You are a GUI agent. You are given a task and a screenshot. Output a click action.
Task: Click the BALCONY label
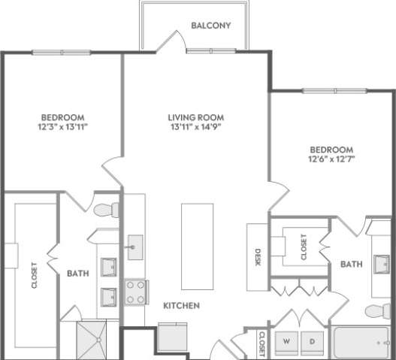210,26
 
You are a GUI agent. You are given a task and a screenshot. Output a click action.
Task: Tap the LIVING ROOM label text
196,117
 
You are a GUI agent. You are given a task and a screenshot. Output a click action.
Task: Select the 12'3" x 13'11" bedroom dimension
62,128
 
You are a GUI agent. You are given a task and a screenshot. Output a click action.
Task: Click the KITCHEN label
182,306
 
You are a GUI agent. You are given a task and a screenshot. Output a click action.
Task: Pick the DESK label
257,256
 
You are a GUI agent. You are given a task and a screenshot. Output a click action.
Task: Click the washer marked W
286,342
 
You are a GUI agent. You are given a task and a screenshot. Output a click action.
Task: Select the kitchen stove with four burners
136,292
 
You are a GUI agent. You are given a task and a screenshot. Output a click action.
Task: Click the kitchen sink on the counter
136,247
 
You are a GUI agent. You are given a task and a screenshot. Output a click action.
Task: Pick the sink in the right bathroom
381,264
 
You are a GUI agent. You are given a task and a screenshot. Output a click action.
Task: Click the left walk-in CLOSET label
35,274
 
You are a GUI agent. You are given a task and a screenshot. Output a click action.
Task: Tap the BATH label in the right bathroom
352,265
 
